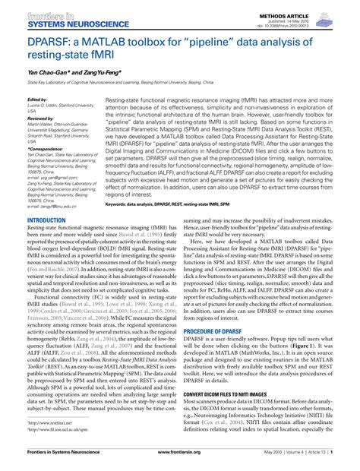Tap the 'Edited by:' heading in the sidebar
point(37,100)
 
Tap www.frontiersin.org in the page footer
point(179,464)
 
